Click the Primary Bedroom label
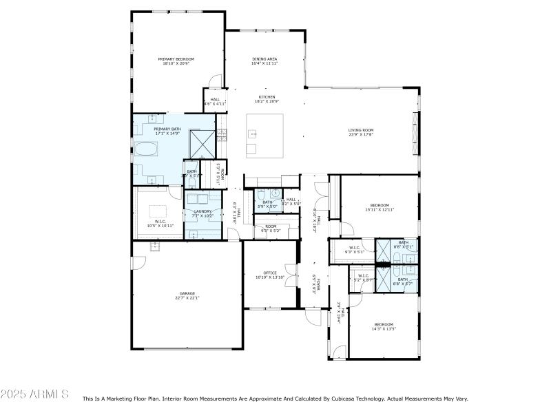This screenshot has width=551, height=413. click(176, 59)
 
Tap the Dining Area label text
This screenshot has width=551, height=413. click(264, 59)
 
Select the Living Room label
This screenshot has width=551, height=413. click(360, 129)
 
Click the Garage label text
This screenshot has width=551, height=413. click(187, 293)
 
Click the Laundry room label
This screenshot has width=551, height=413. click(202, 211)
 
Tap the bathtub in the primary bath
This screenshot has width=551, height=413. click(145, 149)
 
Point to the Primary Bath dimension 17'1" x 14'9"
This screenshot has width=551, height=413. click(167, 134)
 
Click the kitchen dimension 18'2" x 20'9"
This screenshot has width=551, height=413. click(267, 102)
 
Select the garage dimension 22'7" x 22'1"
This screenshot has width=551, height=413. click(187, 298)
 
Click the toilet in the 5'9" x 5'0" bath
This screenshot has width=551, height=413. click(275, 193)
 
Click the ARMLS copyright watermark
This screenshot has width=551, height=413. click(34, 394)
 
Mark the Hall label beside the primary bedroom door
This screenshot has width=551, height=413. click(215, 99)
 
